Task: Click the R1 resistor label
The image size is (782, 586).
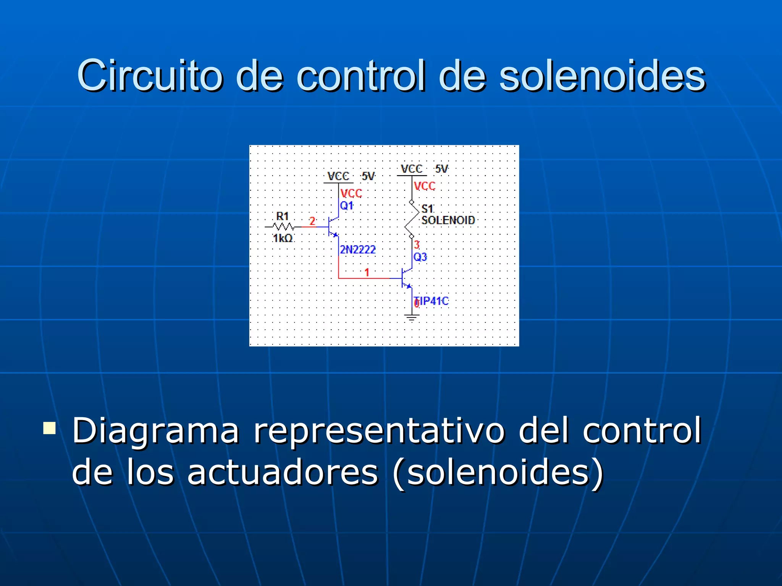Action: (283, 216)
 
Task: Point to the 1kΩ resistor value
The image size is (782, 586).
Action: (283, 238)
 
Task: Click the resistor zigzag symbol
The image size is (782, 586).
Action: (283, 227)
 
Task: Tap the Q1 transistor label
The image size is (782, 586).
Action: (347, 206)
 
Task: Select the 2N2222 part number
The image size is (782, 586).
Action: (358, 250)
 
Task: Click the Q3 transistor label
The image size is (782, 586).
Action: (420, 257)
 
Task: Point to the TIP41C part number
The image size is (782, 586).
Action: (432, 301)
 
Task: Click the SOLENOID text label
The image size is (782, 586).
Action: (448, 220)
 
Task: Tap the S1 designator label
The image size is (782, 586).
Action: (427, 209)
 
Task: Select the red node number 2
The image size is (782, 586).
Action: (312, 221)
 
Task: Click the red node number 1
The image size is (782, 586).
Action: (367, 272)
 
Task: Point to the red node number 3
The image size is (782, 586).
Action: (417, 245)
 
